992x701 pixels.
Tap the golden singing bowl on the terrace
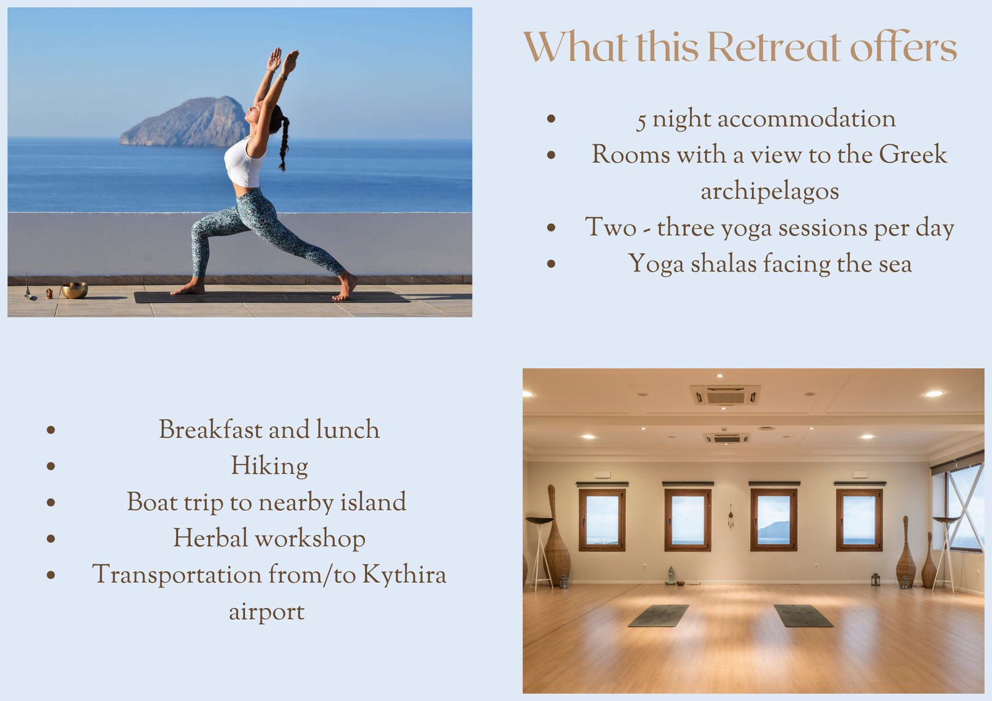74,291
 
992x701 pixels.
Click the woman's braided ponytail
283,142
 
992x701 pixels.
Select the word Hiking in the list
269,466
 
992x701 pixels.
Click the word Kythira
404,575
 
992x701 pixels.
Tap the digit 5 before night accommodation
641,121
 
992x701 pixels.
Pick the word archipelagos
769,192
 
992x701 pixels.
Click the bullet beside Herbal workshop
51,539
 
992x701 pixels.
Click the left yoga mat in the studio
658,615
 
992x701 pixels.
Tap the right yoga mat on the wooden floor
804,615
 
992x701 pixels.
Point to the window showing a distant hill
774,520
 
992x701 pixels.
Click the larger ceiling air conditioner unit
725,395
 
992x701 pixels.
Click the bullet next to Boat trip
51,502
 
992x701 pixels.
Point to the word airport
267,612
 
